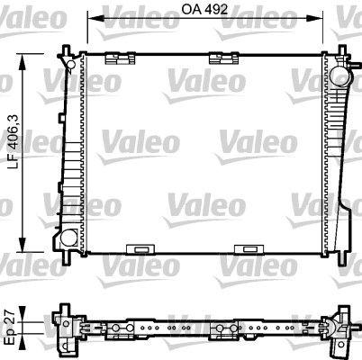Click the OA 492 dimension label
(x=204, y=9)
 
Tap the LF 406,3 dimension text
(x=14, y=141)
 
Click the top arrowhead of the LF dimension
(x=23, y=61)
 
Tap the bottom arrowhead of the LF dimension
(x=23, y=245)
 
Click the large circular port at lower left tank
(x=68, y=238)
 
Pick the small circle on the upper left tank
(x=70, y=64)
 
